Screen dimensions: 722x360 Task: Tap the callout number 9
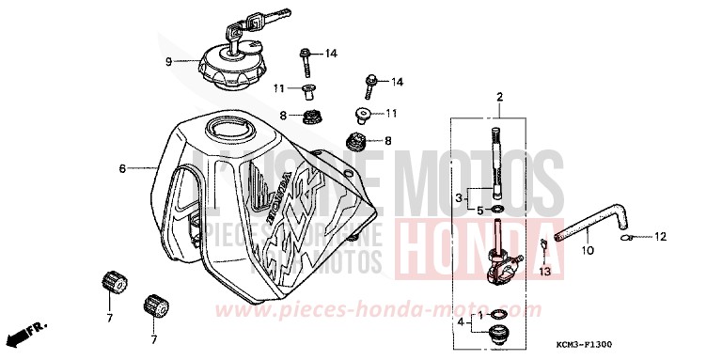[x=169, y=62]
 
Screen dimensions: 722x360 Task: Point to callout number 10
[x=588, y=252]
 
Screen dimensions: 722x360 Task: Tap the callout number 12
[x=660, y=236]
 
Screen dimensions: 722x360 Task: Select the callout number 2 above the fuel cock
[x=500, y=98]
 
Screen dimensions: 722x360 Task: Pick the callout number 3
[x=460, y=198]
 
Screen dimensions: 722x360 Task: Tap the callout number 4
[x=460, y=322]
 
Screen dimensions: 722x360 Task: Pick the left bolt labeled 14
[x=306, y=62]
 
